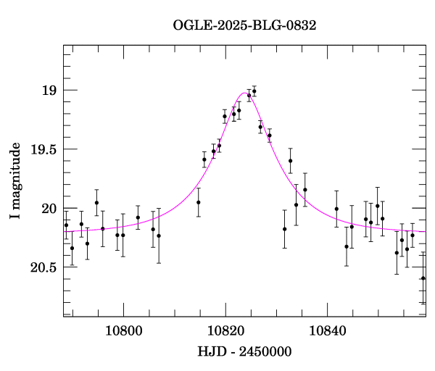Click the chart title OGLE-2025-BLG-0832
point(244,25)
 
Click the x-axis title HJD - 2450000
point(244,351)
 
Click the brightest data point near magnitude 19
point(254,91)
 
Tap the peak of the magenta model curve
point(244,93)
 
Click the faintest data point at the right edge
point(423,278)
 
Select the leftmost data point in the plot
point(66,225)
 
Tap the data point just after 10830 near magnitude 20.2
point(285,229)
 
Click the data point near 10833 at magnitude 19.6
point(290,161)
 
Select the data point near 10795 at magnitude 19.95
point(96,203)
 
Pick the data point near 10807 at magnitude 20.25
point(159,235)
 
